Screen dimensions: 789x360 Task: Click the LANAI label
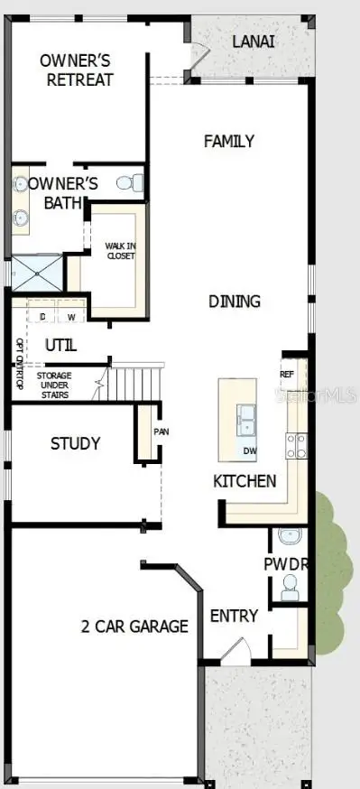tap(254, 42)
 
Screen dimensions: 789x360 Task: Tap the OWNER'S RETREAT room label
tap(76, 70)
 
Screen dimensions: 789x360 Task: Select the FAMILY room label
tap(228, 141)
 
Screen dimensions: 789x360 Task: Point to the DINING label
tap(234, 301)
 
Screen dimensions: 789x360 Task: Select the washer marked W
tap(70, 317)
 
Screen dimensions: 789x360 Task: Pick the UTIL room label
tap(60, 345)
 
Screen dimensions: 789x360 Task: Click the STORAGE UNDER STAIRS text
tap(64, 382)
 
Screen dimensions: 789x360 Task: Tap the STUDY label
tap(75, 443)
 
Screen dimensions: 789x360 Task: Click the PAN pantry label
tap(161, 432)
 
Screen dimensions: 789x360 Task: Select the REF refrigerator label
tap(287, 374)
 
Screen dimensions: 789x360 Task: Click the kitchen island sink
tap(246, 417)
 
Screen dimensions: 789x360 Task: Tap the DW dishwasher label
tap(250, 450)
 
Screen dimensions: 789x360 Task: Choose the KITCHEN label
tap(245, 480)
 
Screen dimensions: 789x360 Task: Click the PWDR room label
tap(287, 563)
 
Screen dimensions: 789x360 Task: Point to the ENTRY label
tap(234, 616)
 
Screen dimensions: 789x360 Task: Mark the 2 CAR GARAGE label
tap(134, 626)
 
